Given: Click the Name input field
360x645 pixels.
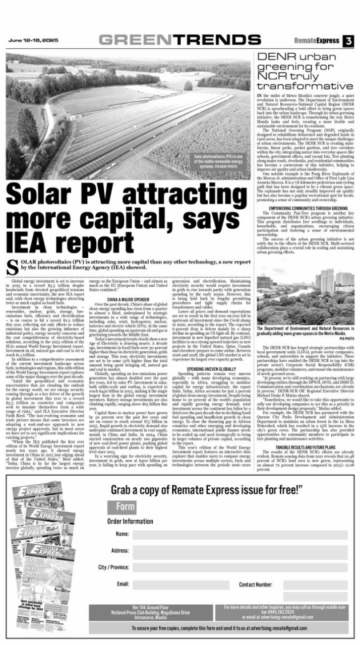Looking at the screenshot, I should coord(239,534).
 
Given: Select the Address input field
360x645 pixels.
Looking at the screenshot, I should coord(239,551).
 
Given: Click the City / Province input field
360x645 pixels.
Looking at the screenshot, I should coord(239,567).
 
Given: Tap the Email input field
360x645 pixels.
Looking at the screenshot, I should coord(174,585).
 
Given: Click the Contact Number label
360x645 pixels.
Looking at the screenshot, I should coord(259,585).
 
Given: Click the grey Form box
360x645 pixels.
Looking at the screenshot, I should coord(122,506).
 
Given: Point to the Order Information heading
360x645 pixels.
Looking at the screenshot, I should coord(130,521).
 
